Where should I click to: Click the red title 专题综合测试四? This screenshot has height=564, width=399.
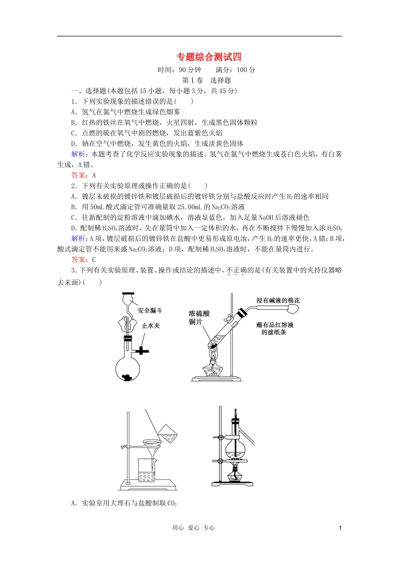click(x=209, y=57)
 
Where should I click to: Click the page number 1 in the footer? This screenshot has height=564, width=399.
click(x=340, y=528)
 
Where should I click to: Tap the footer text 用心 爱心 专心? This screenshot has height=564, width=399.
click(x=193, y=528)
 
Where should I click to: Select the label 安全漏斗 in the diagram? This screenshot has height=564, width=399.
click(x=150, y=311)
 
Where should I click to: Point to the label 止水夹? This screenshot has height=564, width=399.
click(x=151, y=326)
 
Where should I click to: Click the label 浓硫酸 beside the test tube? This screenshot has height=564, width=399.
click(x=199, y=313)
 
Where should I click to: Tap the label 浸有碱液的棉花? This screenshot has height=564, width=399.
click(x=278, y=300)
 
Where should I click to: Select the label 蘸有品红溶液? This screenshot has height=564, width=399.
click(x=275, y=325)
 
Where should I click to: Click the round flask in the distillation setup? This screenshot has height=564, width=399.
click(x=235, y=449)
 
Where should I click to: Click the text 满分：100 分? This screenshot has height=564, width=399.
click(x=235, y=70)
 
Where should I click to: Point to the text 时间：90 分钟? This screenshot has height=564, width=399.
click(x=179, y=70)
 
